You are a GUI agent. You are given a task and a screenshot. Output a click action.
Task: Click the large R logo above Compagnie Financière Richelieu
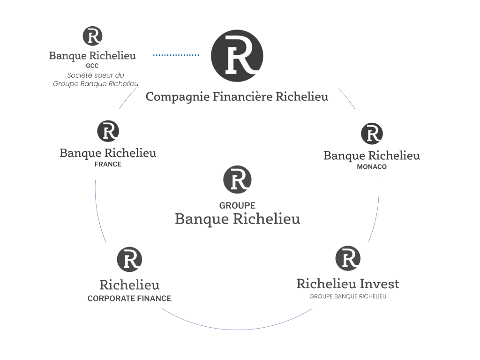click(237, 56)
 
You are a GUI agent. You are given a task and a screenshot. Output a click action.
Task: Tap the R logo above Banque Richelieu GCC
click(92, 36)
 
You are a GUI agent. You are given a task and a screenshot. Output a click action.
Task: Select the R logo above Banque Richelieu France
click(108, 131)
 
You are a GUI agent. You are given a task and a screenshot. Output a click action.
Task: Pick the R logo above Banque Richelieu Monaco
click(372, 134)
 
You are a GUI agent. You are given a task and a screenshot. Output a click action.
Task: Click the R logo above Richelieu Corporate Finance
click(129, 259)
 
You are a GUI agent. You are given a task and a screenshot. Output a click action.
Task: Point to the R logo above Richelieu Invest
click(348, 258)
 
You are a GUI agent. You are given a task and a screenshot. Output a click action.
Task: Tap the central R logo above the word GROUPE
click(237, 180)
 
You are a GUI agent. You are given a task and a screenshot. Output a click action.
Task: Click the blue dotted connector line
click(176, 55)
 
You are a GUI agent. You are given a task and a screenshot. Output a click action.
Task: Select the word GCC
click(92, 66)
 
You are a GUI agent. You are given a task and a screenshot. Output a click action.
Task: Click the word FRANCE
click(108, 165)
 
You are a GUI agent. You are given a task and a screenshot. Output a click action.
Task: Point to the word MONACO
click(372, 167)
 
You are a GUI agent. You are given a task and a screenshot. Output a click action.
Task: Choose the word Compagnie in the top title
click(178, 97)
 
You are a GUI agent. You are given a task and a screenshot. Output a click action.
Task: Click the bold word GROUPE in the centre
click(237, 205)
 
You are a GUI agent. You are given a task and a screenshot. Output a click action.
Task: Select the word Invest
click(379, 284)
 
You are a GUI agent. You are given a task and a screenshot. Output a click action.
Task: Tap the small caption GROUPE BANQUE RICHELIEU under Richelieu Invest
click(348, 296)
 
